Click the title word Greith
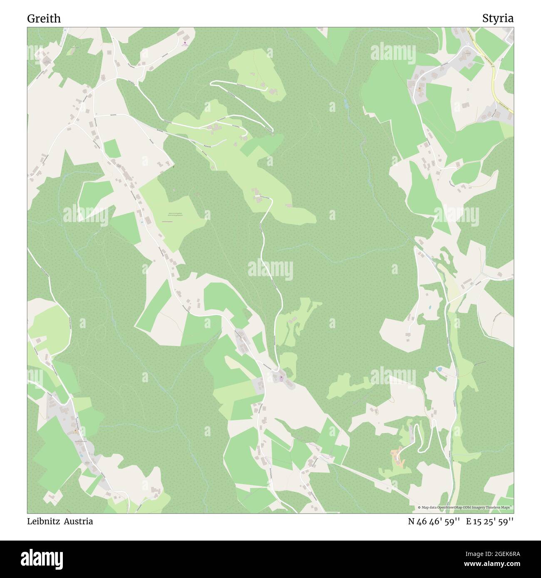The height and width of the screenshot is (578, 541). click(44, 18)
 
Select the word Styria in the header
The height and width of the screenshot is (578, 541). click(498, 18)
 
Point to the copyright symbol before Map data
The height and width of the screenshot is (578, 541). click(419, 507)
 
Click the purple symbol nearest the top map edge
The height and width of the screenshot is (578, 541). click(184, 42)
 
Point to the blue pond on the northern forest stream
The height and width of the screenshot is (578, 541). click(346, 104)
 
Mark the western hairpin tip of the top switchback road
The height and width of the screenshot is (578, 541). click(211, 83)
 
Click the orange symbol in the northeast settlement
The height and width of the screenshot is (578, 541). click(419, 89)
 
